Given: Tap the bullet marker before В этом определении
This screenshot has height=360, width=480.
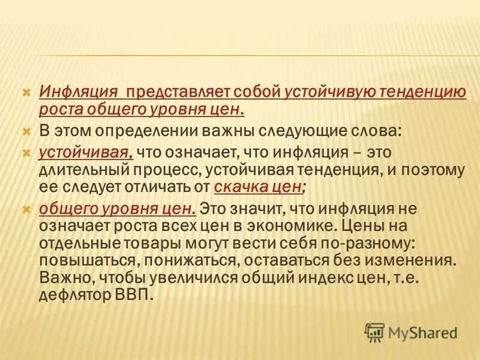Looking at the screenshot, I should (x=26, y=130).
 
